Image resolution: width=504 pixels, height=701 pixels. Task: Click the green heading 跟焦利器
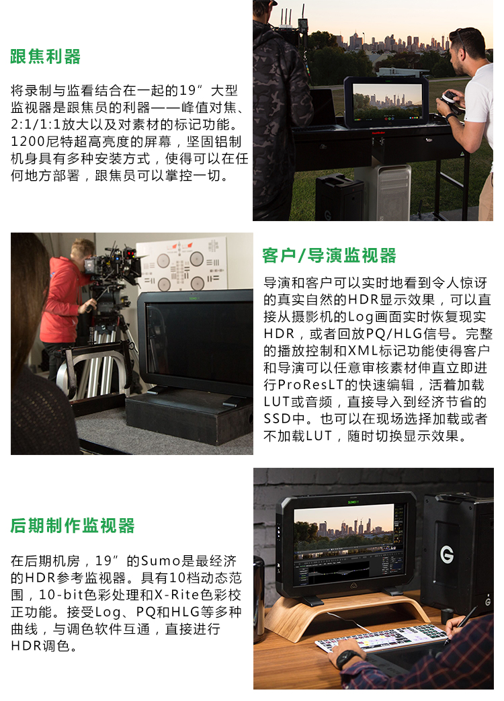pyautogui.click(x=46, y=56)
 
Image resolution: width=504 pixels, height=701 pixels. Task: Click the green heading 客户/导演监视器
pyautogui.click(x=329, y=255)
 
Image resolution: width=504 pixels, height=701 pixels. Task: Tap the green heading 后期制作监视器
pyautogui.click(x=73, y=526)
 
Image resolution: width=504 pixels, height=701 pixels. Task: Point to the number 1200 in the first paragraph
pyautogui.click(x=28, y=142)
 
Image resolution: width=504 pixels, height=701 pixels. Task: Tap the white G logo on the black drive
pyautogui.click(x=447, y=554)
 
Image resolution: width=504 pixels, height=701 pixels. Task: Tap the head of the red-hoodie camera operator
pyautogui.click(x=82, y=251)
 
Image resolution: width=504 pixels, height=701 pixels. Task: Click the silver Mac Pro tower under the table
pyautogui.click(x=394, y=192)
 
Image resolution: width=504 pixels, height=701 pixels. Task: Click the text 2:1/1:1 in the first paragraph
pyautogui.click(x=36, y=125)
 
